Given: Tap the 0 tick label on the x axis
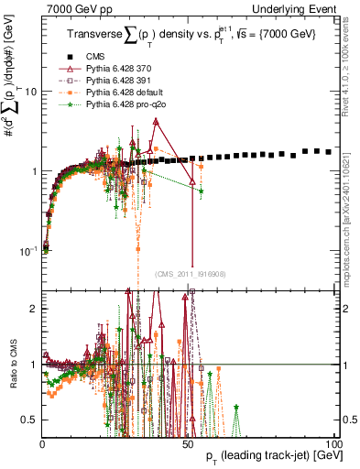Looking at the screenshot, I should tap(43, 442).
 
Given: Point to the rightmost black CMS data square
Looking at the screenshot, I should tap(329, 152).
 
